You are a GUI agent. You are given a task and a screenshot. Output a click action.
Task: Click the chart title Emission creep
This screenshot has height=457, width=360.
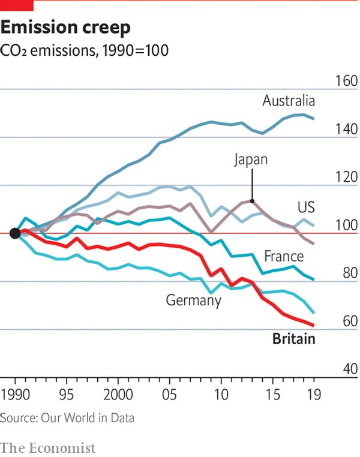tap(66, 28)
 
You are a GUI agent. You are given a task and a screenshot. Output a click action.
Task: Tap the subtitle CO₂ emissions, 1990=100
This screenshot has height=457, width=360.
tap(85, 50)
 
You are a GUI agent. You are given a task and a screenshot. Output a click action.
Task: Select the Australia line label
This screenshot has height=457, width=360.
tap(289, 101)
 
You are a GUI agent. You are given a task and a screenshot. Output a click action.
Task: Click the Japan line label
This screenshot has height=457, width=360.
tap(251, 160)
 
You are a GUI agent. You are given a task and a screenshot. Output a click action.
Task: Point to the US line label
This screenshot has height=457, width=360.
tap(306, 208)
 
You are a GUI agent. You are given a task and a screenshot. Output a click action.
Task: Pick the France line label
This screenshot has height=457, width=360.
tap(284, 257)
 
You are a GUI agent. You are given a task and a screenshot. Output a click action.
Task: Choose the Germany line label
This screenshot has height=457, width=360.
tap(194, 300)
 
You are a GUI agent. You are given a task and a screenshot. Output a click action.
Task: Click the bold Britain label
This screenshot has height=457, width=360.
tap(293, 339)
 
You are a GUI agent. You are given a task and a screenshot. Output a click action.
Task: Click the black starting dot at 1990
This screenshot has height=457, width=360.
tap(15, 233)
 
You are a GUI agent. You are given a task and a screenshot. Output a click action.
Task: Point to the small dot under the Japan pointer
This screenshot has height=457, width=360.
tap(253, 202)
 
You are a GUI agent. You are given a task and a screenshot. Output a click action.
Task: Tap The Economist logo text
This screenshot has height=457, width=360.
tap(48, 447)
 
